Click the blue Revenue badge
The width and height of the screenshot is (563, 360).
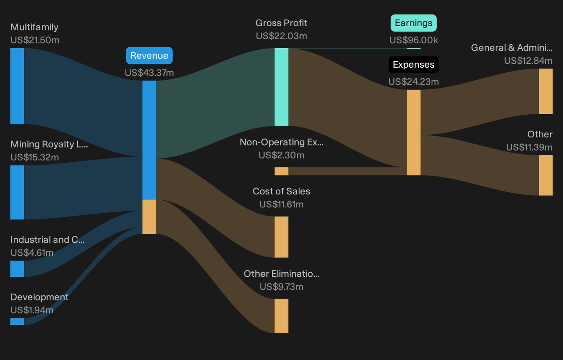coord(149,56)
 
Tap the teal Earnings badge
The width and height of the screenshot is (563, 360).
coord(414,23)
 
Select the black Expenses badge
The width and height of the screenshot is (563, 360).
coord(414,65)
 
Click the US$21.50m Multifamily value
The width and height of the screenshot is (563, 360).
coord(35,40)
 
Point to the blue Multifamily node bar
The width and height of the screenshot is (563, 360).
coord(17,86)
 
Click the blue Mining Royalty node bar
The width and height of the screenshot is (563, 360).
coord(17,192)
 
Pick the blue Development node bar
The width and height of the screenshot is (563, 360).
coord(17,322)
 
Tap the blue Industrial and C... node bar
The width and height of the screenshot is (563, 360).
coord(17,269)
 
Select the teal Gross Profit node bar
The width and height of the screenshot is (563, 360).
coord(281,87)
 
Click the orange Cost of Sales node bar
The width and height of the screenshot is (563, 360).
coord(281,237)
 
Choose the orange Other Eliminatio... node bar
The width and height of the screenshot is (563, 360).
coord(281,316)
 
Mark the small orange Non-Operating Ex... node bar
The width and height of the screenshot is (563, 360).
coord(281,171)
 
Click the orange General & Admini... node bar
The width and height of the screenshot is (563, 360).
coord(546,91)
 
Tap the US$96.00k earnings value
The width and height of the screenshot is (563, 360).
coord(414,40)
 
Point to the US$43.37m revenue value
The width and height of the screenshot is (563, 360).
coord(149,73)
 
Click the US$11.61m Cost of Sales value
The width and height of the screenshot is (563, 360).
coord(281,204)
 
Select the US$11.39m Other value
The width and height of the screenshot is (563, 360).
coord(529,147)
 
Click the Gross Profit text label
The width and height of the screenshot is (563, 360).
coord(281,23)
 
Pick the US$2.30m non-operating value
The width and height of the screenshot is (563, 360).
coord(281,155)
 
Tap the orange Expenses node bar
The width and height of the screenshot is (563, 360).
coord(414,133)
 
